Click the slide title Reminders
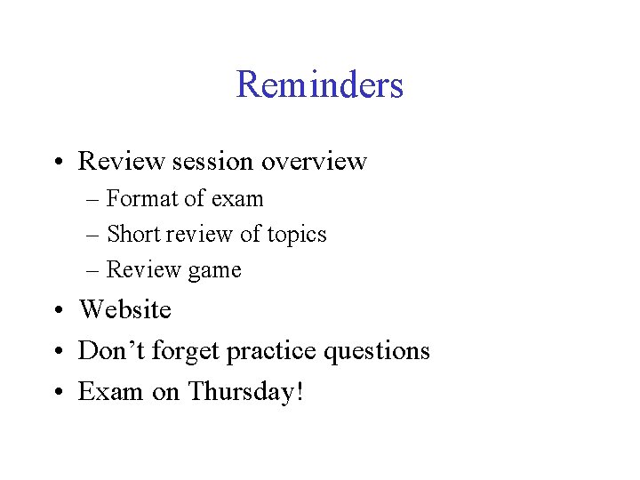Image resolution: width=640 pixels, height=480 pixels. (320, 85)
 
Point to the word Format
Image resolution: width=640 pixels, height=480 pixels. (139, 198)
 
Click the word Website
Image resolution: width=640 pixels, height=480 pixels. (125, 309)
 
